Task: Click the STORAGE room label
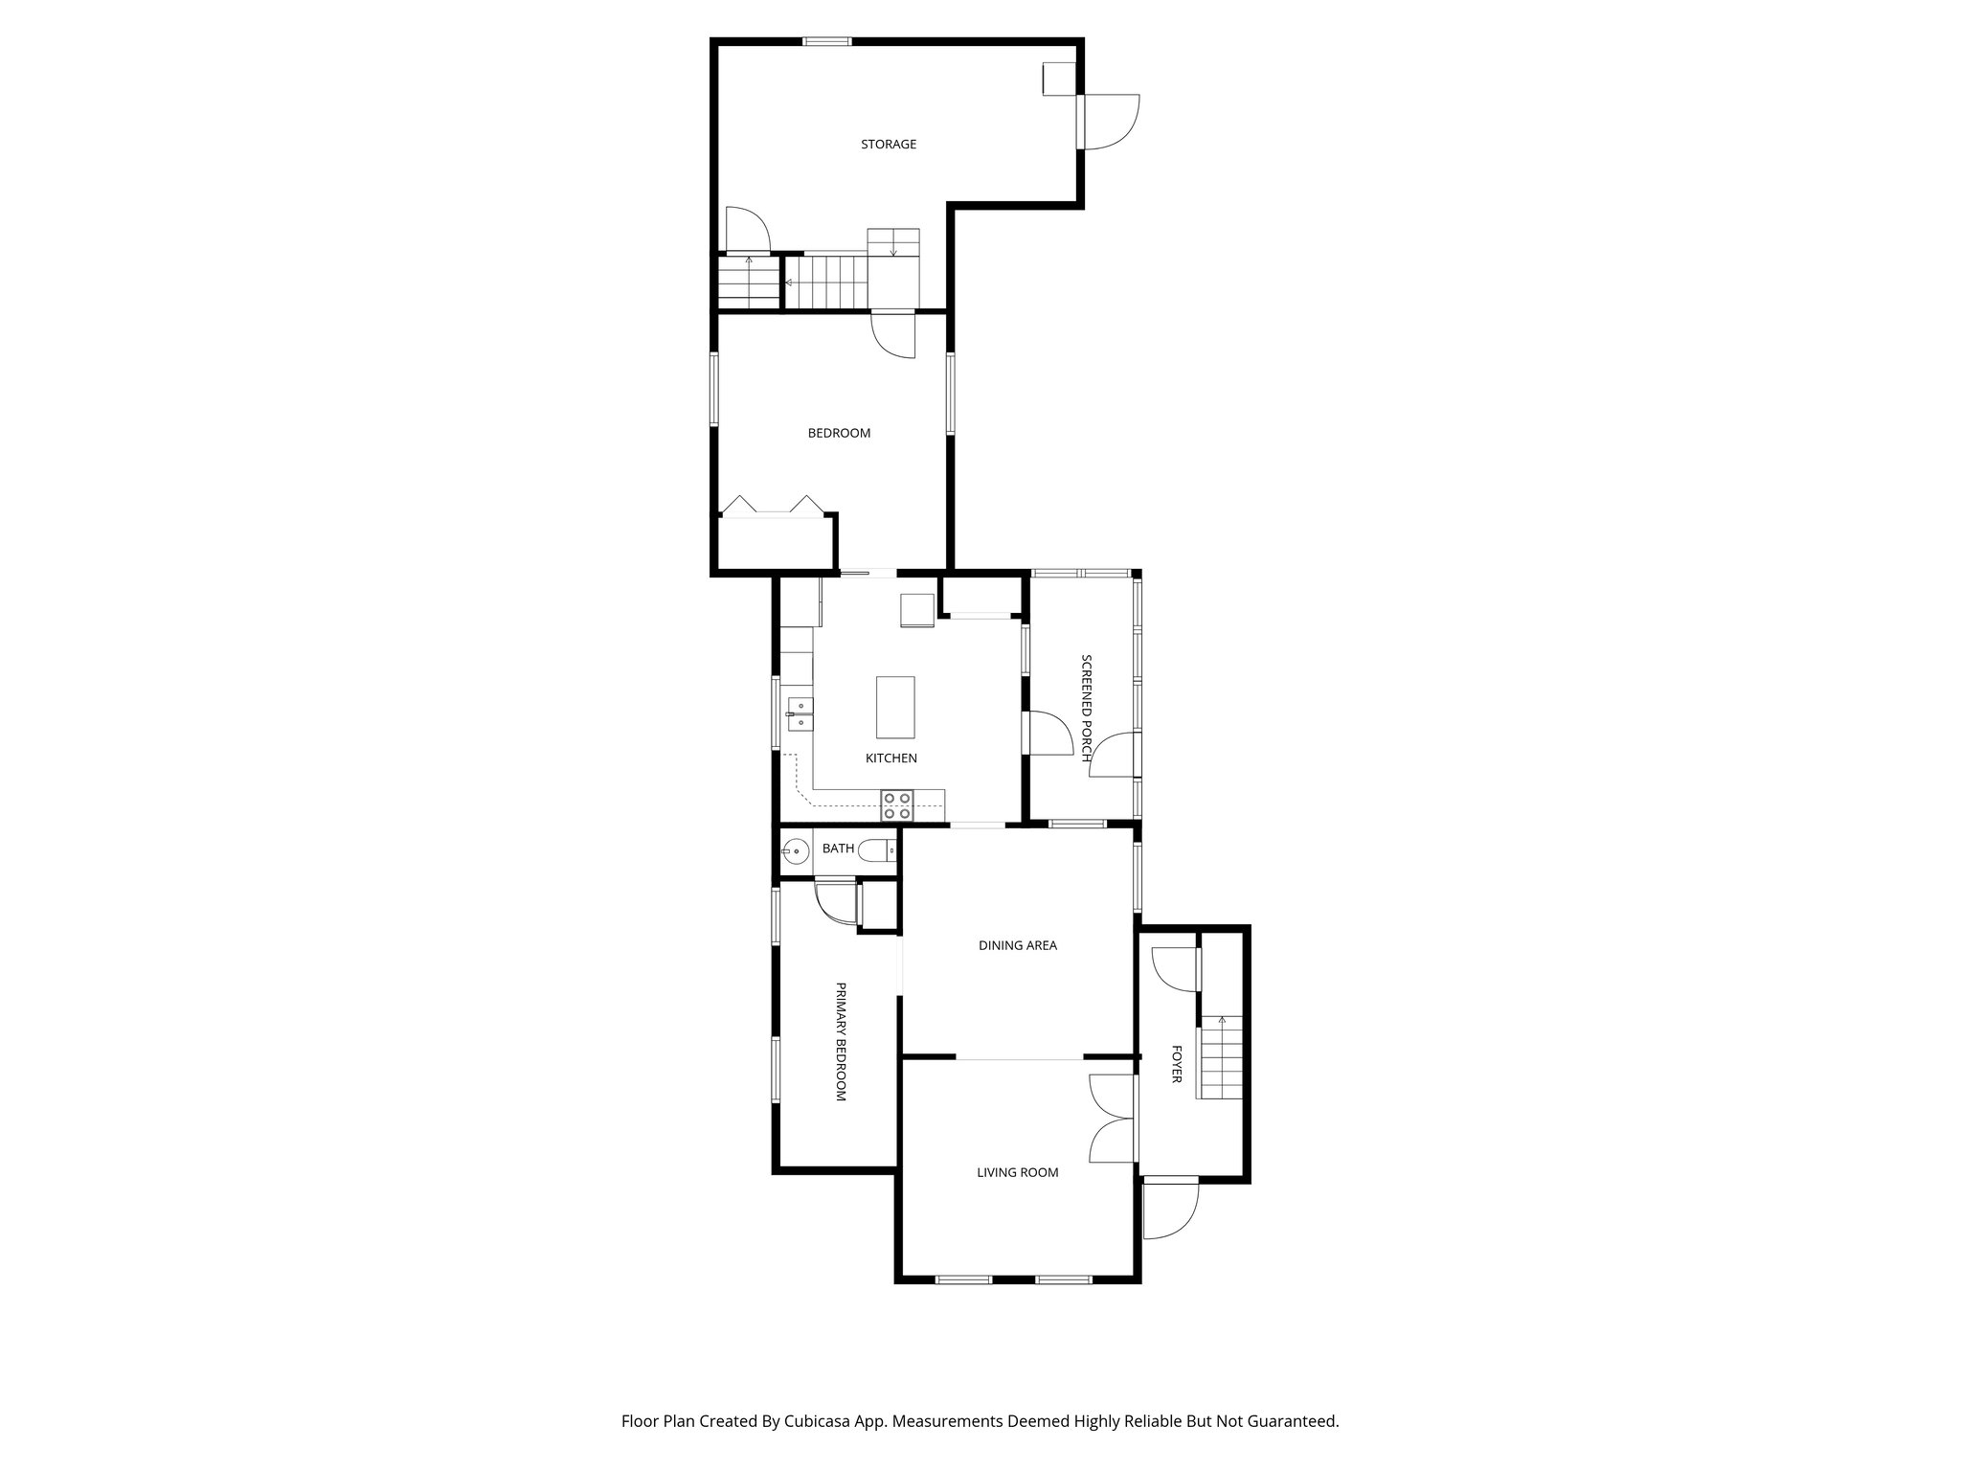click(888, 145)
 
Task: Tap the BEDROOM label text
click(839, 433)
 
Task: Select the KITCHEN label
click(890, 758)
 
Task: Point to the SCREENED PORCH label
click(1086, 708)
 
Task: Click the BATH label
click(838, 849)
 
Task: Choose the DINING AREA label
click(1017, 945)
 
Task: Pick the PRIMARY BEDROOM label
click(841, 1041)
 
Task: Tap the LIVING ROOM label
click(1017, 1172)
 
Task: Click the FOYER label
click(1176, 1064)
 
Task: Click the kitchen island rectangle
click(895, 707)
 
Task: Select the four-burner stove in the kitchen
click(897, 805)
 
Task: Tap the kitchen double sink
click(800, 714)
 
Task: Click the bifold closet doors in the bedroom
click(771, 508)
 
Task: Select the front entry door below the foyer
click(1170, 1209)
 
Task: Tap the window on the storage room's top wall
click(826, 41)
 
